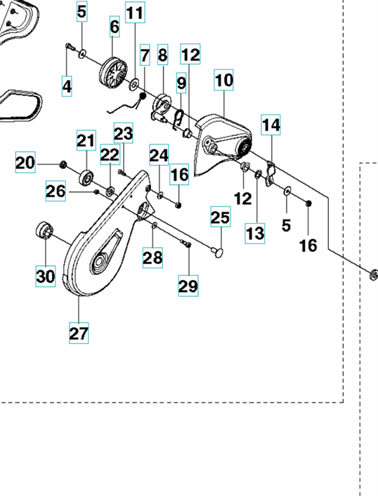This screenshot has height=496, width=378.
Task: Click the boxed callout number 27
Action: click(x=79, y=333)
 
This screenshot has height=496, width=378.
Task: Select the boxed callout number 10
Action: click(x=224, y=80)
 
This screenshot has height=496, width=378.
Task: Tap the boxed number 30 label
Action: click(x=46, y=276)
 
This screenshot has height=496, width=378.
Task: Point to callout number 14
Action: click(x=271, y=125)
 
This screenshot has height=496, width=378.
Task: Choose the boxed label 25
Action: click(x=221, y=217)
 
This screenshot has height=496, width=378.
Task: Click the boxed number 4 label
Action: click(x=67, y=86)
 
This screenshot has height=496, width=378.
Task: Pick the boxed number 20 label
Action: click(x=25, y=163)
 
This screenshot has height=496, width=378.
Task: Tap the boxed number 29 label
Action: click(x=188, y=286)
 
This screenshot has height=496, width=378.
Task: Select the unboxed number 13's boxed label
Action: click(x=255, y=234)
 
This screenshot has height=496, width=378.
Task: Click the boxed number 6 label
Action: click(x=115, y=27)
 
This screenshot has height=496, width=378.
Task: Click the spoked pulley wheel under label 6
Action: click(x=113, y=72)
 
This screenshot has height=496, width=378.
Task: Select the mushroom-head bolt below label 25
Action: click(x=217, y=252)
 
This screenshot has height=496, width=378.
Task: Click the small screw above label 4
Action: click(x=70, y=47)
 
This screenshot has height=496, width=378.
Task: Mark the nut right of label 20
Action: click(x=63, y=165)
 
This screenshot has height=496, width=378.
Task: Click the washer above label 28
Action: click(x=155, y=225)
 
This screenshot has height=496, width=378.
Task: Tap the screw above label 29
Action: click(x=186, y=243)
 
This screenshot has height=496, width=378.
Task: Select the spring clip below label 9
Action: click(x=179, y=119)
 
